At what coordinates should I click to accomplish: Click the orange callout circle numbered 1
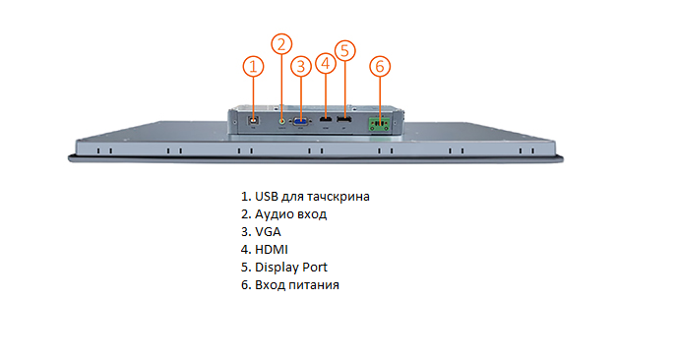point(254,66)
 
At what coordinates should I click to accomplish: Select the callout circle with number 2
point(282,43)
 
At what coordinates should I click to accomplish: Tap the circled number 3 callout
point(302,66)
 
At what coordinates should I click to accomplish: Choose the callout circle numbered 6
point(381,66)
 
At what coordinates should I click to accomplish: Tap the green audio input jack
point(282,120)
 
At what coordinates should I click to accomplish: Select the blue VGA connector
point(301,120)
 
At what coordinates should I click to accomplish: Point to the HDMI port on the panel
point(326,120)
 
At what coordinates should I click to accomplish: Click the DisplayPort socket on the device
point(343,120)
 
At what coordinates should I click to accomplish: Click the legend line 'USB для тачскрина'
point(305,196)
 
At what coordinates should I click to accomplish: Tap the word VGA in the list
point(268,231)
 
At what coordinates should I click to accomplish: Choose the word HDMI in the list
point(272,249)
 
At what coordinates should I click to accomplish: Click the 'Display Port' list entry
point(290,267)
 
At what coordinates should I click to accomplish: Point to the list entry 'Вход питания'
point(297,284)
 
